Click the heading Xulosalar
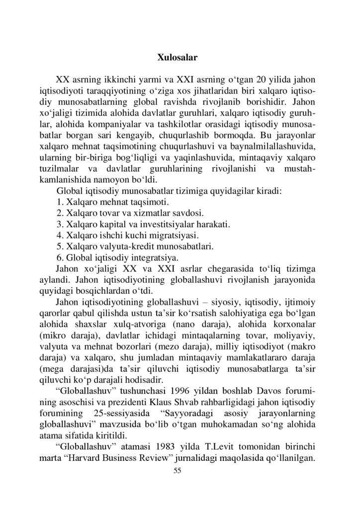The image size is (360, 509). coord(177,57)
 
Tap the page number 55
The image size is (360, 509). coord(178,471)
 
